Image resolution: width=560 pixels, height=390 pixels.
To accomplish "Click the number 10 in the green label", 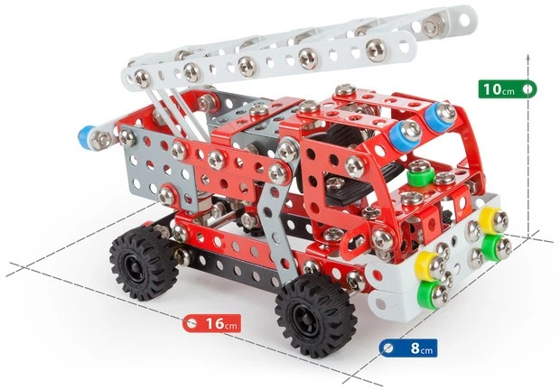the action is pos(492,88).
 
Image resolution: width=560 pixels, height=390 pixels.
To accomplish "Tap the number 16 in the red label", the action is pos(214,323).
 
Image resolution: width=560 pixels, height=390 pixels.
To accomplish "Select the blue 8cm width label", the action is pos(408,348).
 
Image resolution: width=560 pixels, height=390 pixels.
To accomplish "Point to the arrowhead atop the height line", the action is pos(528,57).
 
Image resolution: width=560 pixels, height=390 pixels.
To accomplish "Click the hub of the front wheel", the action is pos(307,316).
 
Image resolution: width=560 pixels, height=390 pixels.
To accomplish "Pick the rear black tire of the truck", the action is pos(144,263).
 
